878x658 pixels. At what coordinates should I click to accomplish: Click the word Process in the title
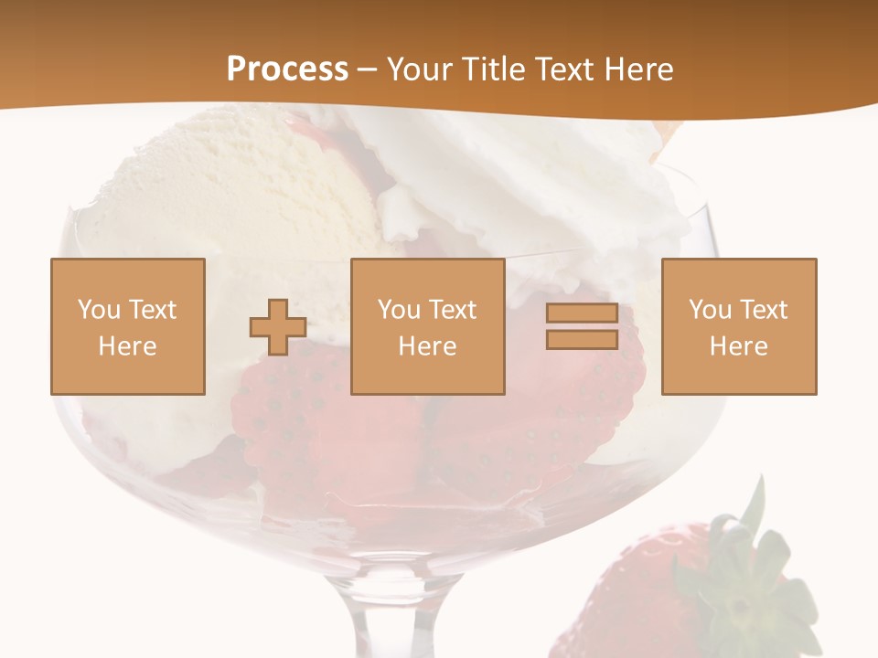(287, 69)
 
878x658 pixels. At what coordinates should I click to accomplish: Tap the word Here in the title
(637, 69)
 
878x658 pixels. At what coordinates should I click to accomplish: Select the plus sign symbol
(278, 327)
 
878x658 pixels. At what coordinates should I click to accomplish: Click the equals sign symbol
(582, 326)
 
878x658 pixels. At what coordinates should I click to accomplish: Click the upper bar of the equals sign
(582, 313)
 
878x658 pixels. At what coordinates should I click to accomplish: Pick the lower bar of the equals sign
(582, 340)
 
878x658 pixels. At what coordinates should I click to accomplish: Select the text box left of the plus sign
(127, 326)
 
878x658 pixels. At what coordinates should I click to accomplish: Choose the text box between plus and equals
(427, 326)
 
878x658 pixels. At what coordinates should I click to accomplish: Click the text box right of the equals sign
(738, 326)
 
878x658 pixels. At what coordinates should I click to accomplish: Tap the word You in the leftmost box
(97, 310)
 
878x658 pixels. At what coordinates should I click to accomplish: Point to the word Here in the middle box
(427, 346)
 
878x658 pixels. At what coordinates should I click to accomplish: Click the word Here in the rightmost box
(738, 346)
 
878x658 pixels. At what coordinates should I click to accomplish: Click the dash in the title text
(368, 69)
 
